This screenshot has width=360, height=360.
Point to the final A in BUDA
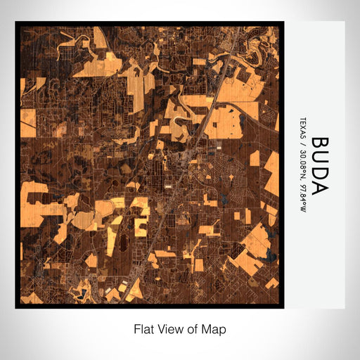pyautogui.click(x=319, y=189)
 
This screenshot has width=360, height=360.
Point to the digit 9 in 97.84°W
pyautogui.click(x=302, y=176)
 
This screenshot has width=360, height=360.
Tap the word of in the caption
pyautogui.click(x=193, y=328)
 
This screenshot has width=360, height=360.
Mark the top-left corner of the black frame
pyautogui.click(x=15, y=22)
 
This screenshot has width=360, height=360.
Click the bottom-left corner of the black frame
pyautogui.click(x=15, y=308)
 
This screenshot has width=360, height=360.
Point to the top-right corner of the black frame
pyautogui.click(x=283, y=22)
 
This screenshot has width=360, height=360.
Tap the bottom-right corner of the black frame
pyautogui.click(x=283, y=308)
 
